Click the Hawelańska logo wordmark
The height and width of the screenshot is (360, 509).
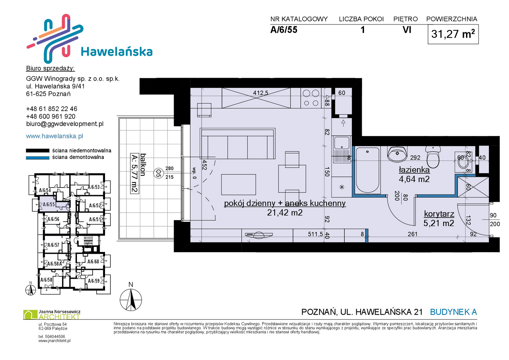117,52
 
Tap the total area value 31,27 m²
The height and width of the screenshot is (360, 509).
453,34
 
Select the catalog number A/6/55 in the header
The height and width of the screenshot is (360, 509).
284,30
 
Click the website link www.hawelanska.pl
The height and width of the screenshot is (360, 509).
54,136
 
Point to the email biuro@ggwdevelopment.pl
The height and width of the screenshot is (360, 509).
65,124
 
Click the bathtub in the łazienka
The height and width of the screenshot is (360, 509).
367,170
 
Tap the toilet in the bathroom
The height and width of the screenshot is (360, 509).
433,157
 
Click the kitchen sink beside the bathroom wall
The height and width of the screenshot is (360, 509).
341,149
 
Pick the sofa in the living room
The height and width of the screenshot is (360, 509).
237,143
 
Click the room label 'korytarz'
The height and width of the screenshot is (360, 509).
439,214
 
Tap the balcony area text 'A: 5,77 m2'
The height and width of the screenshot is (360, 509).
135,173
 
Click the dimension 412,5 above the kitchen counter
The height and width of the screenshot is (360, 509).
261,93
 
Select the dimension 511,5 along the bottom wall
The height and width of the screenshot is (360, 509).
315,234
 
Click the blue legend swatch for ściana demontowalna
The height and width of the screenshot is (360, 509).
37,158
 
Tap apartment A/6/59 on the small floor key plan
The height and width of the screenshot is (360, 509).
94,281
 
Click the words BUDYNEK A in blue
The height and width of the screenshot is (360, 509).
453,312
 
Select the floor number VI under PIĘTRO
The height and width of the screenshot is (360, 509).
407,30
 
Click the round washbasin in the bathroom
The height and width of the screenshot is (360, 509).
397,154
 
